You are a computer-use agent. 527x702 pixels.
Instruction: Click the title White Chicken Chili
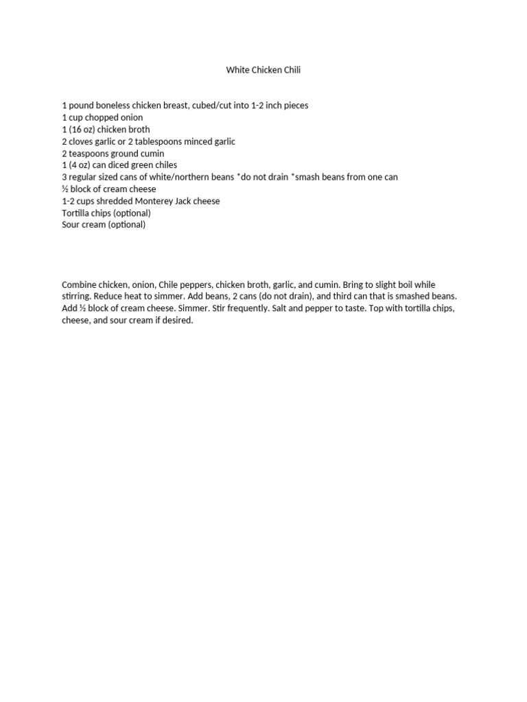click(263, 70)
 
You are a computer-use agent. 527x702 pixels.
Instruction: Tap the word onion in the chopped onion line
click(131, 117)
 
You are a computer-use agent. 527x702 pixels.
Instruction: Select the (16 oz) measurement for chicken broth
click(84, 130)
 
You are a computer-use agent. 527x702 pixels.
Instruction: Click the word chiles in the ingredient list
click(164, 165)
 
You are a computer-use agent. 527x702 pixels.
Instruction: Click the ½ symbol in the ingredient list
click(65, 189)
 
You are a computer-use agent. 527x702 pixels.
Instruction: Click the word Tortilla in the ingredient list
click(76, 213)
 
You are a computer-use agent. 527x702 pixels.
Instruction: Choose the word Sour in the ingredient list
click(71, 225)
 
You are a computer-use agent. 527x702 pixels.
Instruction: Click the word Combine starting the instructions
click(80, 285)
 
